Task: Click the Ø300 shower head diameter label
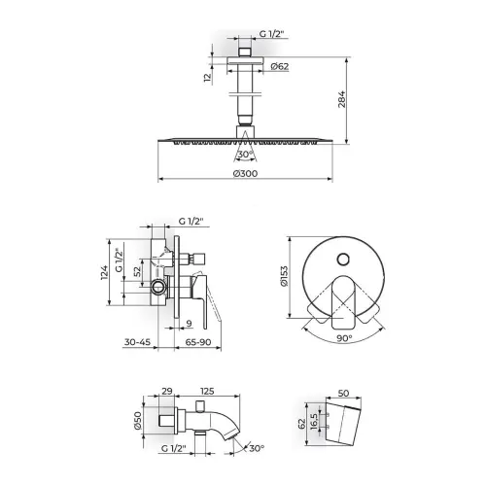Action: [246, 173]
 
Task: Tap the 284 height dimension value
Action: [342, 99]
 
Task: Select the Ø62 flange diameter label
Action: [279, 66]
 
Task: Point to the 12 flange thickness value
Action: [208, 77]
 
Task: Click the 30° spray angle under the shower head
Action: [245, 155]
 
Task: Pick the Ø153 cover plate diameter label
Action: [284, 276]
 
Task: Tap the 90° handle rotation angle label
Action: [344, 338]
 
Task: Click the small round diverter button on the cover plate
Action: [343, 260]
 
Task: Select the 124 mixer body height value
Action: [104, 272]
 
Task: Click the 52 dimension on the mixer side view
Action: [138, 271]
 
